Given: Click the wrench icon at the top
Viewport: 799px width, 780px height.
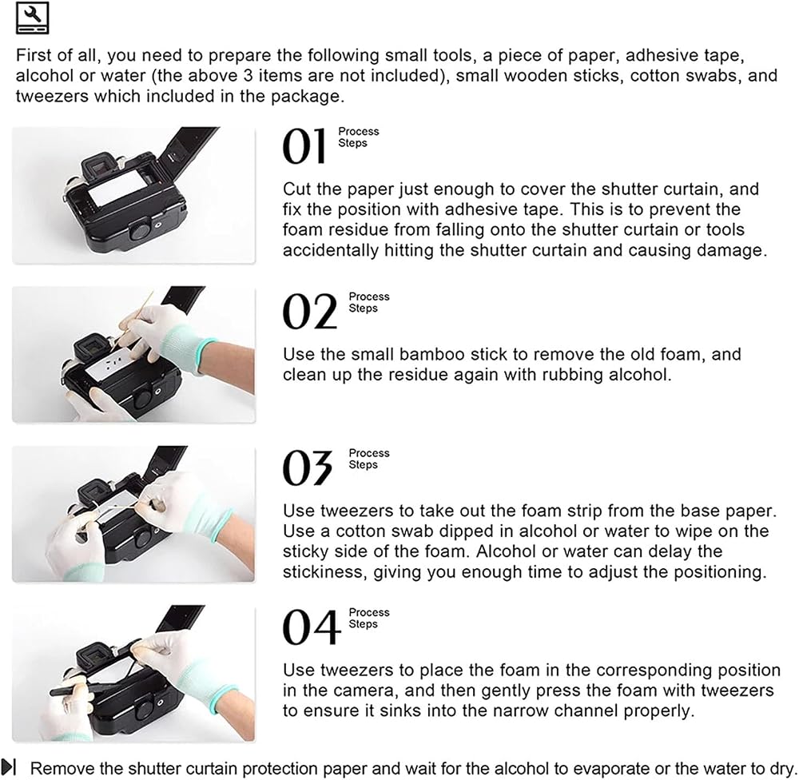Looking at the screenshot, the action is click(33, 18).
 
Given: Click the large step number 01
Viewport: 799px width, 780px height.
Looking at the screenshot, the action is click(304, 145).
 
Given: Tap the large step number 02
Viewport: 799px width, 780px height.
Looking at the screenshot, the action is click(310, 311).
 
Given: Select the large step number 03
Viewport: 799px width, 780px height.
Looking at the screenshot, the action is click(308, 468).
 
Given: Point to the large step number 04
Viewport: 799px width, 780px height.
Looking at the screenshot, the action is click(312, 627).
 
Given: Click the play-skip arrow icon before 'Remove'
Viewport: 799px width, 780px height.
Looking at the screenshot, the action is click(9, 766).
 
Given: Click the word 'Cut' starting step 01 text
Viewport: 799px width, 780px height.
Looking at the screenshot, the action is click(296, 189).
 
